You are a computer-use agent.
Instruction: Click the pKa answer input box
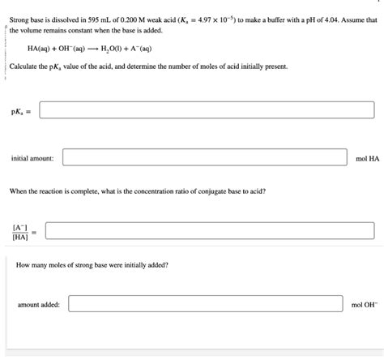[x=207, y=109]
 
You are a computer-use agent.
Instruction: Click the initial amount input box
[x=207, y=158]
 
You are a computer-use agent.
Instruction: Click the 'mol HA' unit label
[x=367, y=158]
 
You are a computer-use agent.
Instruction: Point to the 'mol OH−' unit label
[x=364, y=305]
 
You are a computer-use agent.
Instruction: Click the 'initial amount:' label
[x=32, y=158]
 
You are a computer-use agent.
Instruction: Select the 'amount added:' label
[x=38, y=305]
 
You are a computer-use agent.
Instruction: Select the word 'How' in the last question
[x=23, y=265]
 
